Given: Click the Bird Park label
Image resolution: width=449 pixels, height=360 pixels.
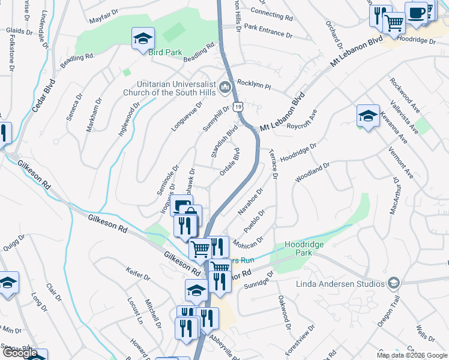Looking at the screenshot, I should [165, 53].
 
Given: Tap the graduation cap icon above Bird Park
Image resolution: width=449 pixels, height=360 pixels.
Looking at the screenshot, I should [143, 38].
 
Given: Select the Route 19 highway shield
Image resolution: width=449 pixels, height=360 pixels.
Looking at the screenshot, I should [239, 106].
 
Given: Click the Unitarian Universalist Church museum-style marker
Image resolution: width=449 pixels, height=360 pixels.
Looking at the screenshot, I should [225, 88].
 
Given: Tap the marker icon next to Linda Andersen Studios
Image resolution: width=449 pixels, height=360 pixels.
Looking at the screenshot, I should [393, 283].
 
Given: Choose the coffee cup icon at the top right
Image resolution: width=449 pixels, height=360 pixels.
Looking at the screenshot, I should [415, 13].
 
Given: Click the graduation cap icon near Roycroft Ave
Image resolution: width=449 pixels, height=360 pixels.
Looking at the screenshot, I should [368, 116].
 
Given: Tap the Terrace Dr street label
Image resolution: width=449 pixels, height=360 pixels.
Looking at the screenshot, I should [273, 164].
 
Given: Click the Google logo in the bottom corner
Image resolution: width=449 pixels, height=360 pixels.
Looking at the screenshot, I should [20, 353].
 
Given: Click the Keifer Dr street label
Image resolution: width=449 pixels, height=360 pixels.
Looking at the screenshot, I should [137, 275].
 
